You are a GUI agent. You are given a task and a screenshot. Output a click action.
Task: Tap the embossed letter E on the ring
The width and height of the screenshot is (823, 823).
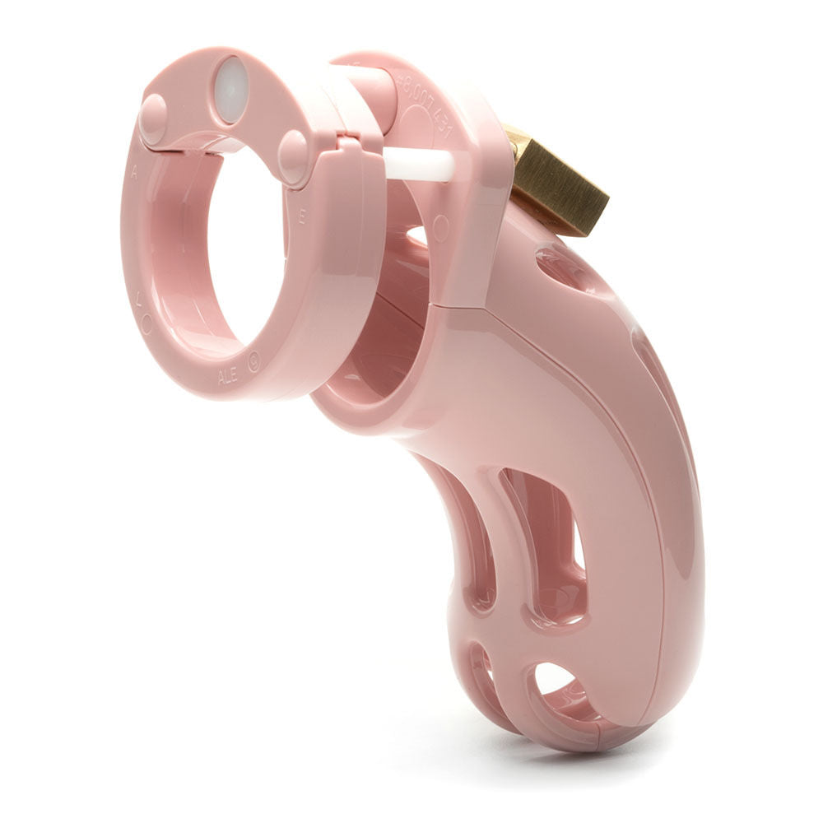[302, 218]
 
